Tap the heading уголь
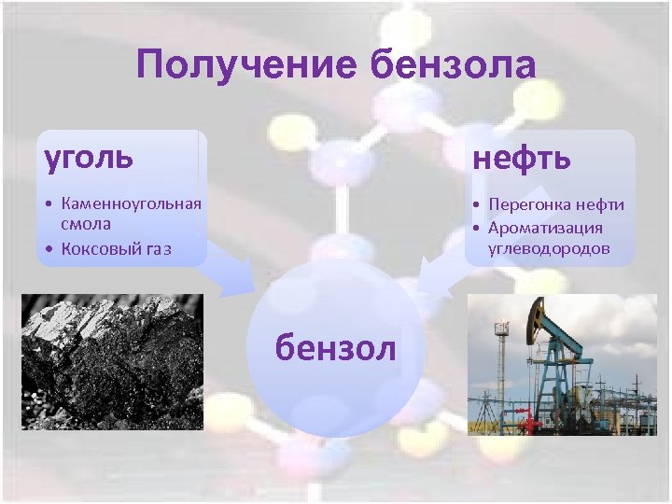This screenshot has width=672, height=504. pos(89,156)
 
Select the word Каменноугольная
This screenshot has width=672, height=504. pos(131,203)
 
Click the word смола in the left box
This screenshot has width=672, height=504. pos(86,224)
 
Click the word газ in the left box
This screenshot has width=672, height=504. pos(158,249)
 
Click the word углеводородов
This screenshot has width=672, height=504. pos(547,248)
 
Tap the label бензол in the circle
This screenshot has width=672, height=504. pos(335,347)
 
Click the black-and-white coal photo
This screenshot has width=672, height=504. pos(112,361)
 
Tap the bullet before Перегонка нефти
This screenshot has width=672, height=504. pos(476,205)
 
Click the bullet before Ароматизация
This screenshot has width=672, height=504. pos(476,228)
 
